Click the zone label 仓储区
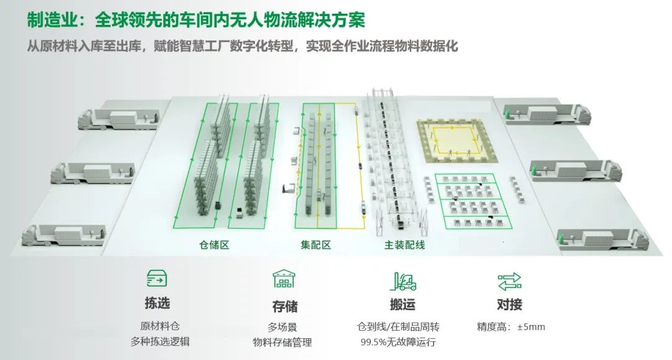[x=214, y=245]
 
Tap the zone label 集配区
[x=316, y=245]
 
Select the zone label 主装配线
[x=404, y=245]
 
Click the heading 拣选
[x=157, y=303]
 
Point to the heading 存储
[x=284, y=306]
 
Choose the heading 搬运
[x=403, y=304]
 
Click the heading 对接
[x=509, y=304]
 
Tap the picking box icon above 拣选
[x=157, y=279]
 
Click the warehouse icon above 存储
[x=284, y=279]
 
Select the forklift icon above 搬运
[x=403, y=281]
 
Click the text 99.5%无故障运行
[x=398, y=342]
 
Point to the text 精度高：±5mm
[x=511, y=327]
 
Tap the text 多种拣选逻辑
[x=160, y=341]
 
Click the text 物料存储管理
[x=282, y=343]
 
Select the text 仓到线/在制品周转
[x=398, y=327]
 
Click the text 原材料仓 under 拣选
[x=160, y=326]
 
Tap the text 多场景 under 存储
[x=282, y=328]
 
